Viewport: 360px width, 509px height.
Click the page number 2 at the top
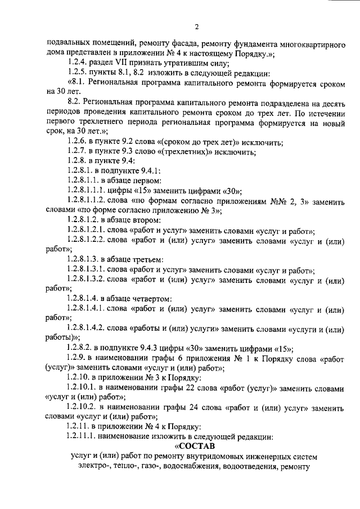pyautogui.click(x=197, y=26)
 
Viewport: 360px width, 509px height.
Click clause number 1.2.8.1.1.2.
pyautogui.click(x=93, y=200)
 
